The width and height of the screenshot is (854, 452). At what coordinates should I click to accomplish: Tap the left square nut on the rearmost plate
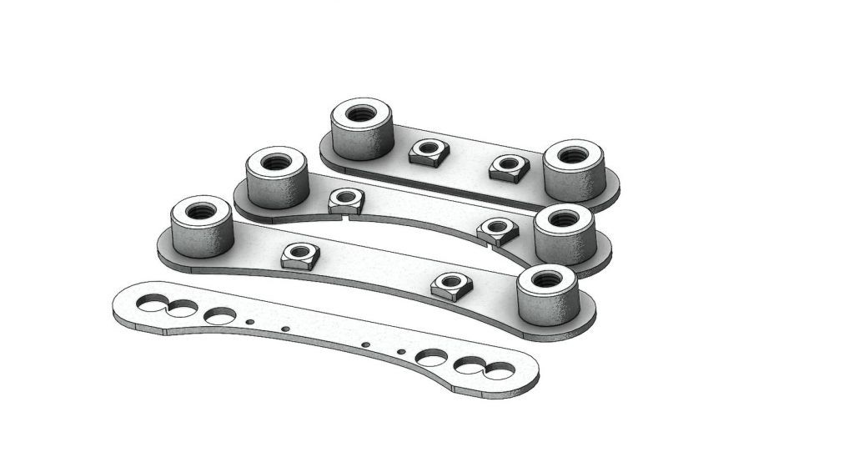tap(429, 152)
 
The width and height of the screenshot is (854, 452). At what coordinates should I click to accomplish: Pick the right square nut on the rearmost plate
tap(509, 168)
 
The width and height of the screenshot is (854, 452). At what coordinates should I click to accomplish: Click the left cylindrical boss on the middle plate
tap(278, 179)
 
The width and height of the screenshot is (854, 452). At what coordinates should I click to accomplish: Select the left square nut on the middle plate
tap(346, 200)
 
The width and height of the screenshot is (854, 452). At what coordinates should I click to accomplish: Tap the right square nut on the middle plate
tap(496, 230)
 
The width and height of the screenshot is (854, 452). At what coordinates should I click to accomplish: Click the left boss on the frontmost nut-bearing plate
tap(201, 228)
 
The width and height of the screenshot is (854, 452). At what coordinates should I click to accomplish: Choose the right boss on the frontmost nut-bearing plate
tap(546, 296)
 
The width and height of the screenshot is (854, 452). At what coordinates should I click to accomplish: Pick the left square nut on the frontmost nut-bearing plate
tap(300, 255)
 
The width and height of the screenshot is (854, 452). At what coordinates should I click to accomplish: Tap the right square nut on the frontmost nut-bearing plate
tap(452, 286)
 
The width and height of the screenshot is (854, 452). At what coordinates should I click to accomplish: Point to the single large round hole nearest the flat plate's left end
tap(220, 316)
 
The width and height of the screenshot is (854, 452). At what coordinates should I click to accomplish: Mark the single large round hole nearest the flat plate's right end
tap(431, 358)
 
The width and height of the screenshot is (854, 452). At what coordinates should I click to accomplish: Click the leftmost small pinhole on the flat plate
tap(249, 321)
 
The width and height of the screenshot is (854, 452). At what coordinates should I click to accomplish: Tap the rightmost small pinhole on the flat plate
tap(401, 351)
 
